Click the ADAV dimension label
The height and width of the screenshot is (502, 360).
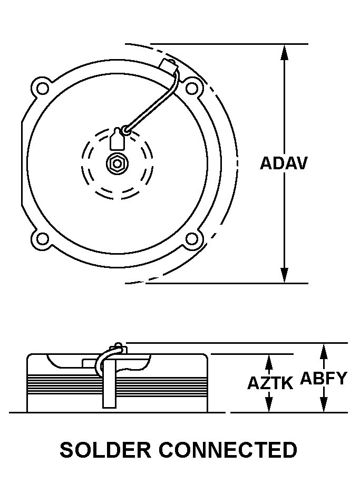click(284, 163)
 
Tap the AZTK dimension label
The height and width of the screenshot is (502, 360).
click(270, 383)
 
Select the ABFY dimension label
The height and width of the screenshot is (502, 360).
click(324, 378)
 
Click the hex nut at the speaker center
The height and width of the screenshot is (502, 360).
click(118, 163)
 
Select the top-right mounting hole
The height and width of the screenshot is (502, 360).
click(192, 88)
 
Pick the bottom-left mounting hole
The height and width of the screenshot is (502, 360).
click(42, 238)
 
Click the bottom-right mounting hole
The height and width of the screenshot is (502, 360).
click(192, 238)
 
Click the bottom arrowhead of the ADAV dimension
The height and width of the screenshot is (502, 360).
click(284, 275)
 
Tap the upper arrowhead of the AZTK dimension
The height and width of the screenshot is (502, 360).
click(269, 362)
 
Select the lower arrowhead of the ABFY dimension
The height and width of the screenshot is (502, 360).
click(324, 404)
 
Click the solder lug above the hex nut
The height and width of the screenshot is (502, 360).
click(117, 139)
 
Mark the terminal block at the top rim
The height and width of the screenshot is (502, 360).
click(169, 65)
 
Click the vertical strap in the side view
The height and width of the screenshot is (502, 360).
click(109, 383)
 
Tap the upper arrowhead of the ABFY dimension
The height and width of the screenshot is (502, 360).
click(324, 351)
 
